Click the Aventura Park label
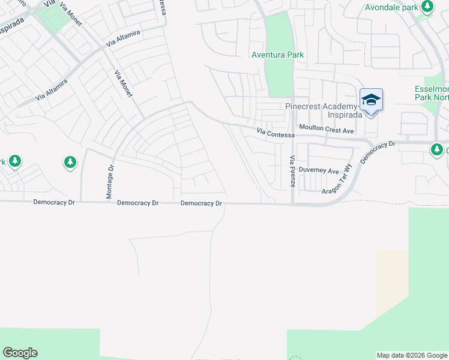[277, 55]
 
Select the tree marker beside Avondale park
[427, 7]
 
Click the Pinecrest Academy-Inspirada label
[322, 111]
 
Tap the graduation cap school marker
[371, 100]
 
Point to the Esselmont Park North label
[432, 93]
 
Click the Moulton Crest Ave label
[327, 129]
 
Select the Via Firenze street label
[292, 171]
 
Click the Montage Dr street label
[110, 182]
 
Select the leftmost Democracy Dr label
[54, 203]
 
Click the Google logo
[20, 353]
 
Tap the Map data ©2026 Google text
[412, 355]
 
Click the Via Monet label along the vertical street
[123, 85]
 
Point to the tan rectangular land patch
[392, 282]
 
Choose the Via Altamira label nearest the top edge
[122, 38]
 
